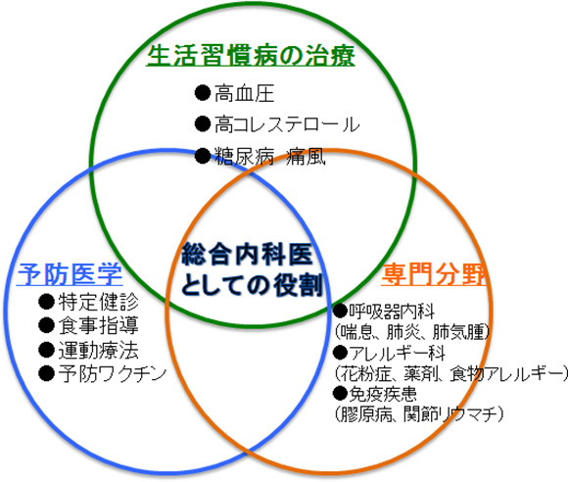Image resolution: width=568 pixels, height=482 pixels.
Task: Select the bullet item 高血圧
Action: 242,96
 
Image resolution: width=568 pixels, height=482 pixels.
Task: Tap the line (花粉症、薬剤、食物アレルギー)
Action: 450,374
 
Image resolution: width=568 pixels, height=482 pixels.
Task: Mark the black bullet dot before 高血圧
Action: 202,96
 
